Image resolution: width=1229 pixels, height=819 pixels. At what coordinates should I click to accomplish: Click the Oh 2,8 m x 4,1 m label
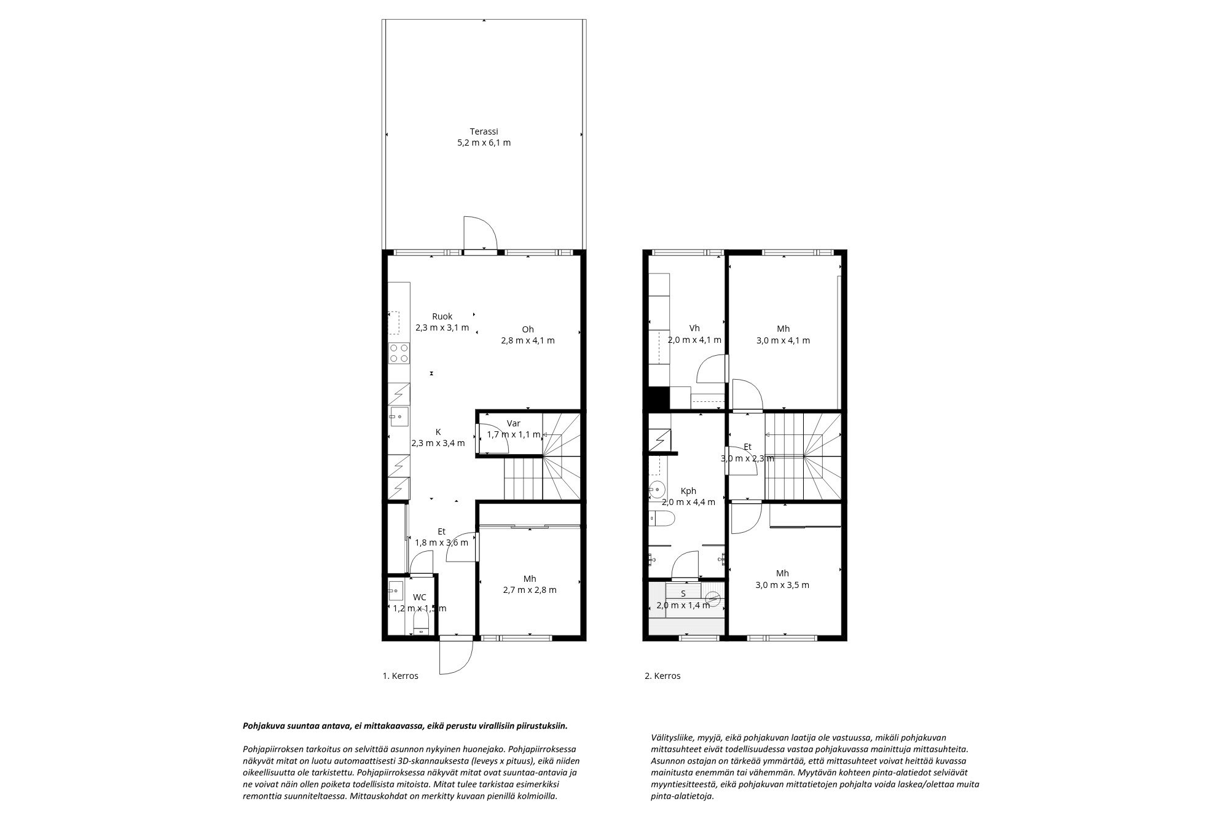[x=528, y=334]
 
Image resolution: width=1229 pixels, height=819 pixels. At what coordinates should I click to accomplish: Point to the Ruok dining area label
[x=442, y=322]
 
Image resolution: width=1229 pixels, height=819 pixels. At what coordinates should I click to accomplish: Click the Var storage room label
[x=513, y=429]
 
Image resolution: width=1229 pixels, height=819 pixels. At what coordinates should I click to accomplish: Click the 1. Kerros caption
[x=400, y=676]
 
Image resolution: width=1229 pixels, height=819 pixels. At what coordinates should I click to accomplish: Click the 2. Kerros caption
[x=662, y=676]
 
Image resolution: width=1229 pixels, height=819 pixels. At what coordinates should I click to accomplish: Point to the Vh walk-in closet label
[x=694, y=334]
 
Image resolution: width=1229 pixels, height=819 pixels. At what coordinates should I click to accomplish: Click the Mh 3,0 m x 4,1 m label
[x=783, y=334]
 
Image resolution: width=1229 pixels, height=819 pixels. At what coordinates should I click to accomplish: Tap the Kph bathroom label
[x=688, y=496]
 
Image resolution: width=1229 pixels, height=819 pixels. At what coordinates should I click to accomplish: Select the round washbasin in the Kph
[x=657, y=490]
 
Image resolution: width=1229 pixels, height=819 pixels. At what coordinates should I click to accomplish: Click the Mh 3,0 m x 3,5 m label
[x=782, y=579]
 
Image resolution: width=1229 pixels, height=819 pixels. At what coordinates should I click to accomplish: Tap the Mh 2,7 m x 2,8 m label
[x=530, y=584]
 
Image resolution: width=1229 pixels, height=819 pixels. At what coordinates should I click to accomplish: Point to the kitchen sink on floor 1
[x=398, y=417]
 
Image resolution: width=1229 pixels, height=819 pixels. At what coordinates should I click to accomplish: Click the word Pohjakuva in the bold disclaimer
[x=263, y=726]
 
